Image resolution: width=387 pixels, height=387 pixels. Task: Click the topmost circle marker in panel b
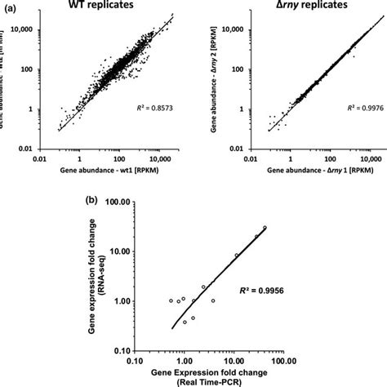[265, 228]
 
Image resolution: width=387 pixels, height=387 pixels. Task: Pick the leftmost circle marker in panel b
[171, 300]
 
